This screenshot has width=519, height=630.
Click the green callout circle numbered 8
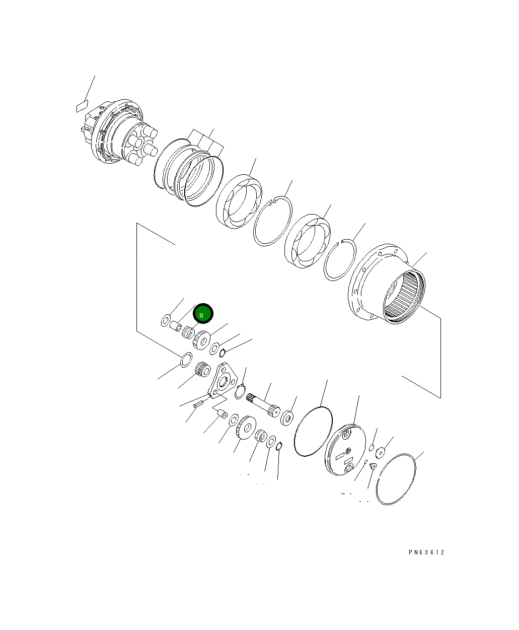[x=203, y=314]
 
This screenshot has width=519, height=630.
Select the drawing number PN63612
[x=426, y=552]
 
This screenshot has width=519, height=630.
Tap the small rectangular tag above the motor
[x=82, y=106]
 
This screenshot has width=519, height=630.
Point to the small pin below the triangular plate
[x=198, y=402]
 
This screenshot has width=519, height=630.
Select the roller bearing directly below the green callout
[x=189, y=332]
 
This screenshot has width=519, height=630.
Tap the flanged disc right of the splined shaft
[x=288, y=417]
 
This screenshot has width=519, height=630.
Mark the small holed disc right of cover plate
[x=380, y=452]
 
